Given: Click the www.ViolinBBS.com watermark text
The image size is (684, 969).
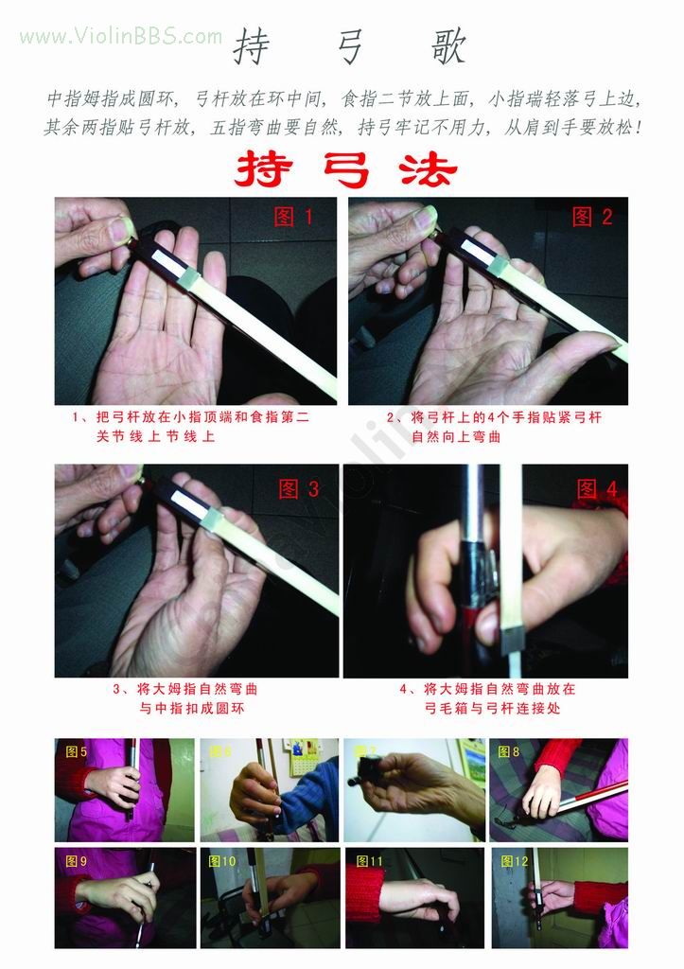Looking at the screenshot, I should [121, 37].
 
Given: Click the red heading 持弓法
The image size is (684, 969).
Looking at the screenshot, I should [345, 169].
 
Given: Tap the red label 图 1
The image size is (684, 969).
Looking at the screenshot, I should [293, 217].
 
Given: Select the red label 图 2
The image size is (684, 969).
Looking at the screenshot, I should [593, 217].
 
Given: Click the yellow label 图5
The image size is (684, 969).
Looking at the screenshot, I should [77, 752].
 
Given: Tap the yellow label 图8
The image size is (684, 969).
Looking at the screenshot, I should [508, 752].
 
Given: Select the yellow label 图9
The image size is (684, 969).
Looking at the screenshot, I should [77, 861].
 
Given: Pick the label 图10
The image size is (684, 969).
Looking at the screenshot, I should [223, 861].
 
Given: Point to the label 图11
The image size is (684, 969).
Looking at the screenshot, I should [370, 861].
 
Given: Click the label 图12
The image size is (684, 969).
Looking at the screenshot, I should [515, 861].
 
